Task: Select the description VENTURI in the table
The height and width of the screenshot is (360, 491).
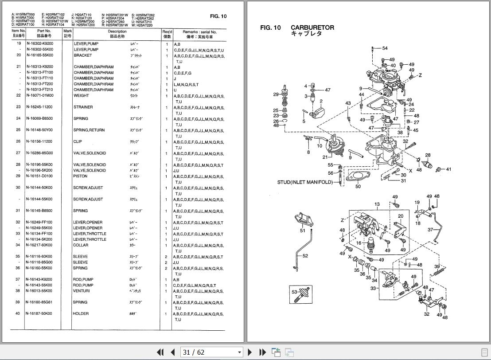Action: [x=82, y=291]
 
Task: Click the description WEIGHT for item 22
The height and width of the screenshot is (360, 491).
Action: [x=81, y=95]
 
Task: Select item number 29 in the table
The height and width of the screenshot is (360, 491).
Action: [x=19, y=176]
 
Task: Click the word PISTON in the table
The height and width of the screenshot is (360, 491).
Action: [x=81, y=176]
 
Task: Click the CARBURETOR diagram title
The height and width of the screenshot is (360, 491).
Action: [x=312, y=27]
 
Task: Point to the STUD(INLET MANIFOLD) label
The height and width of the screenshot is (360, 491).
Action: [x=305, y=182]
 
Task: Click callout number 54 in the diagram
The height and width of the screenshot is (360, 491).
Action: [x=385, y=48]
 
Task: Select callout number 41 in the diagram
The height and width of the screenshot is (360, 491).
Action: [x=448, y=169]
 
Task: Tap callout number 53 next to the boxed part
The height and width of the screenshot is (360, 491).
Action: [x=294, y=292]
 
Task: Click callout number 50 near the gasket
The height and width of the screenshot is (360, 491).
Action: [x=358, y=187]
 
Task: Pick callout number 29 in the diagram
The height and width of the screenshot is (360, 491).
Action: [x=276, y=94]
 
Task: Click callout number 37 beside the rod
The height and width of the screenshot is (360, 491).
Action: [x=430, y=230]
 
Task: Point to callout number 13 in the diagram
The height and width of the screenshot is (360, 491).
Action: [x=377, y=204]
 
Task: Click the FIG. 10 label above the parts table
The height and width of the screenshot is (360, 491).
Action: [x=218, y=16]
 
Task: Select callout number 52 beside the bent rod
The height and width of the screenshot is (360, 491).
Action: [x=305, y=256]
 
